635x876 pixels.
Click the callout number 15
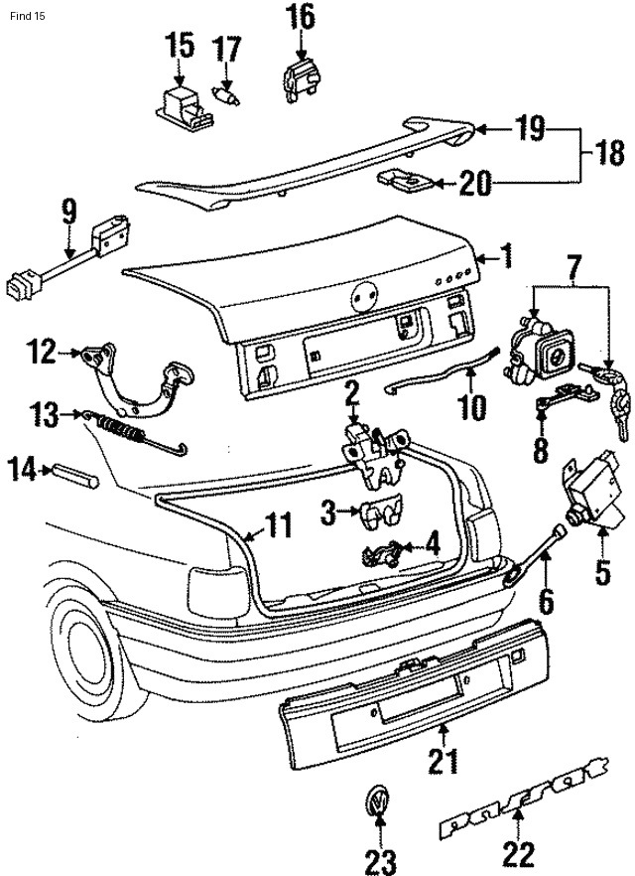point(180,45)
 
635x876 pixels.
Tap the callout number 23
point(380,857)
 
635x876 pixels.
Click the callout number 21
point(443,762)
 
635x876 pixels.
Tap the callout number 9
point(68,211)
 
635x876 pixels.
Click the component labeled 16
point(299,75)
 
